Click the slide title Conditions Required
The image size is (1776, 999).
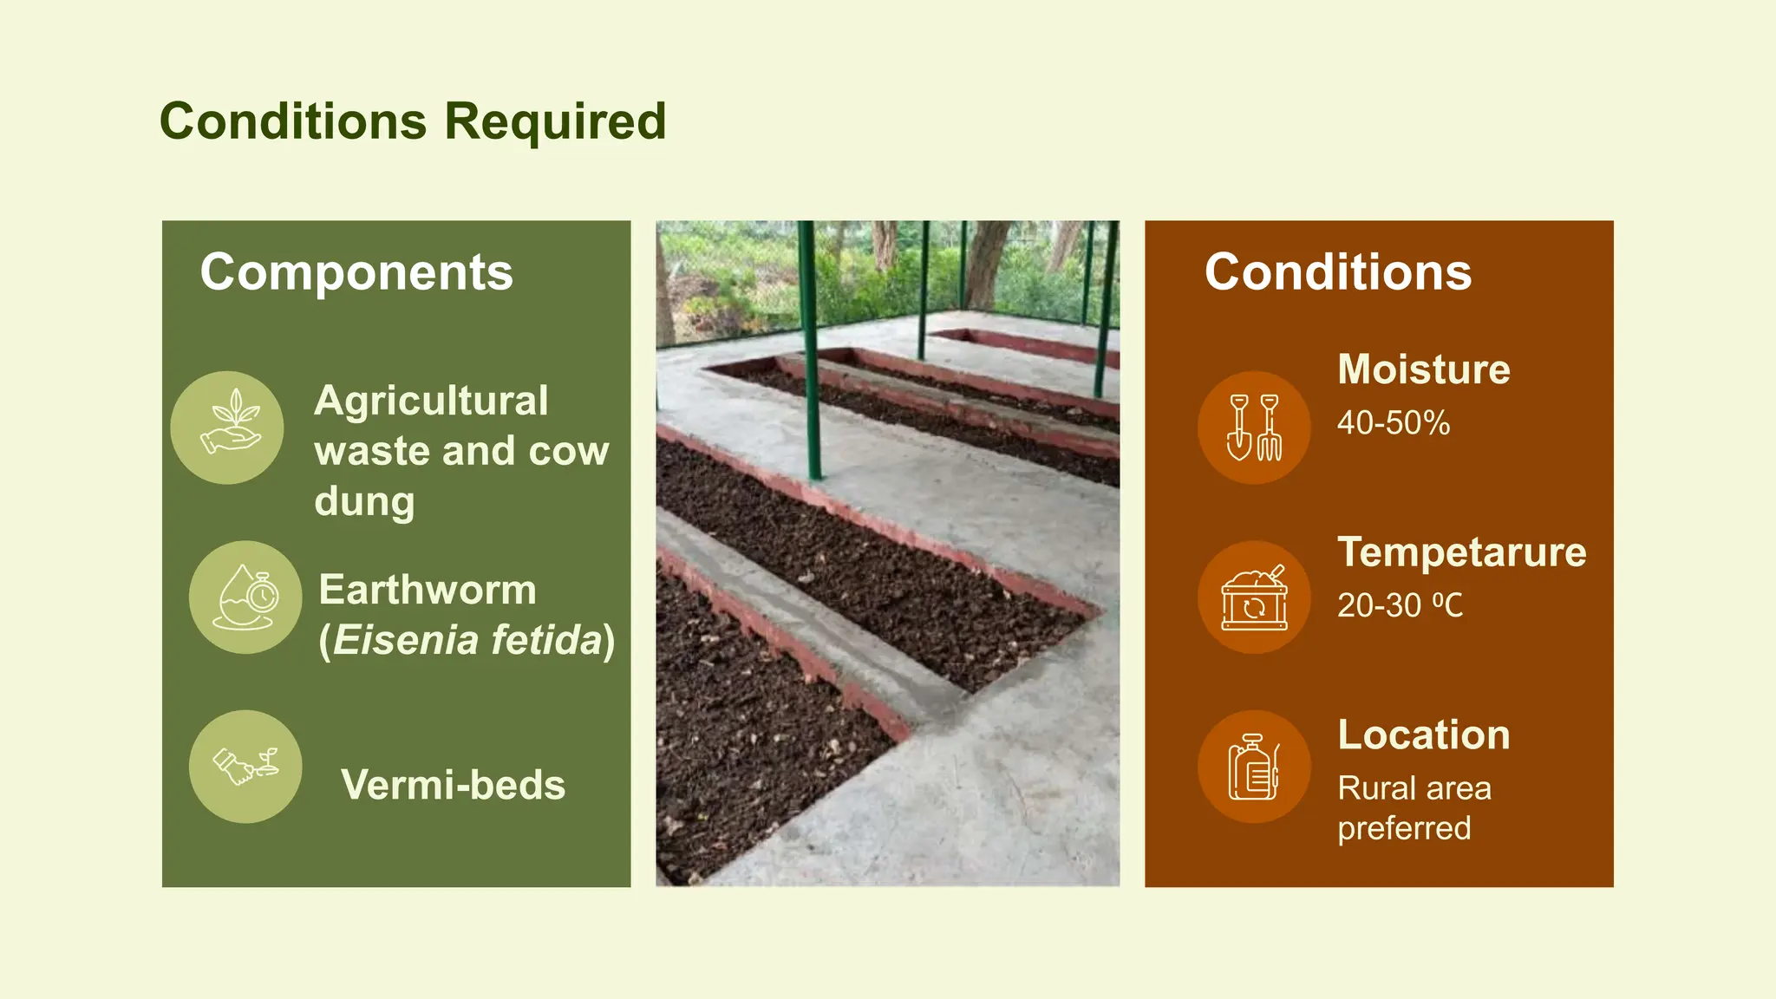[x=413, y=121]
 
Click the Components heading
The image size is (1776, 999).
[x=356, y=272]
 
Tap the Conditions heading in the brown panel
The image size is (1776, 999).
[x=1338, y=272]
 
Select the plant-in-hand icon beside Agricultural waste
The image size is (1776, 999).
[x=227, y=428]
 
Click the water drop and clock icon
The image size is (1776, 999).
[x=245, y=597]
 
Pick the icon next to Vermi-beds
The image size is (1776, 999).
[x=245, y=767]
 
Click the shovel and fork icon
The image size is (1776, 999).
[x=1254, y=428]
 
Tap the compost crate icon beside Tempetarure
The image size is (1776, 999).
[x=1254, y=597]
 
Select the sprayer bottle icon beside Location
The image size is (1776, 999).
[x=1254, y=767]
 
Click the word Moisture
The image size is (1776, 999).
[x=1423, y=369]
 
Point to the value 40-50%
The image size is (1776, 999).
[x=1393, y=423]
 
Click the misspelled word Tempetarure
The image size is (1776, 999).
[x=1461, y=552]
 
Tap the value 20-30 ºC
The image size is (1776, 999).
[x=1400, y=605]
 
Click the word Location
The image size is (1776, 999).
[x=1423, y=735]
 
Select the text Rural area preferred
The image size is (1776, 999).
[x=1414, y=807]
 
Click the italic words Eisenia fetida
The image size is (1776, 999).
[x=468, y=641]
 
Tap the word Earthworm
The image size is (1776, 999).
[x=428, y=591]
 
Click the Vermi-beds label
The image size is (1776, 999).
[x=453, y=785]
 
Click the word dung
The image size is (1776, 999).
[x=364, y=502]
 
